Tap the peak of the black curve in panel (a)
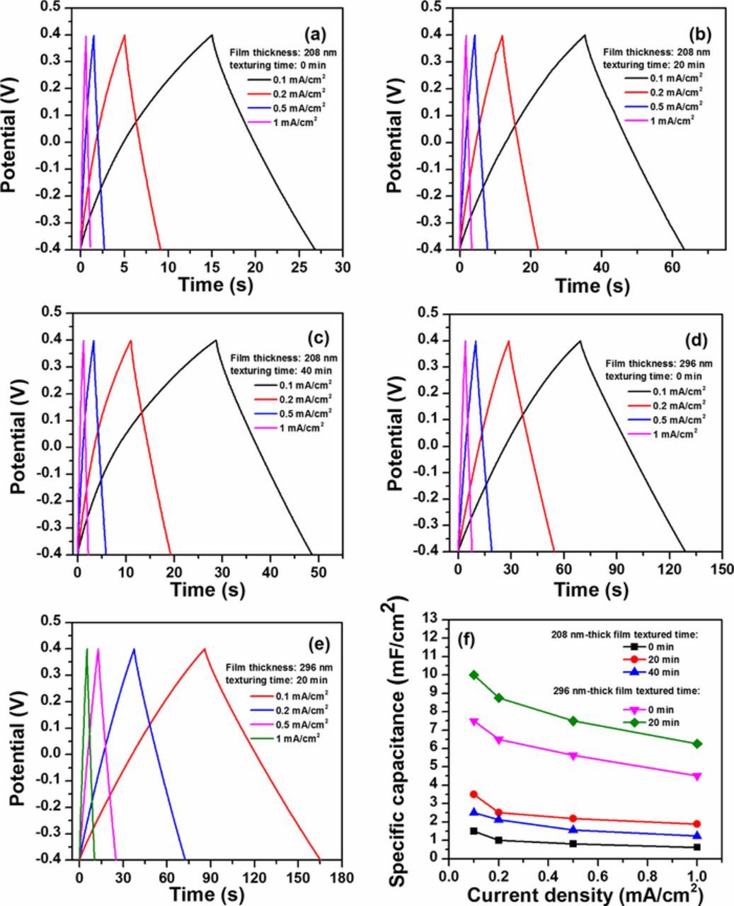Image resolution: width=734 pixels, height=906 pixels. click(x=212, y=35)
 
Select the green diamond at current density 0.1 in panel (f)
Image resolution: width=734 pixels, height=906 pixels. click(x=474, y=675)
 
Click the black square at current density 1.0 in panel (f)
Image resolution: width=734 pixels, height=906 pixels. click(x=697, y=847)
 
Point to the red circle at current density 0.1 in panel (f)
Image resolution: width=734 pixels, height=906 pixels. click(x=474, y=795)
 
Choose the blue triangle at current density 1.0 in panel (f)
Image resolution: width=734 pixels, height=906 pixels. click(x=697, y=836)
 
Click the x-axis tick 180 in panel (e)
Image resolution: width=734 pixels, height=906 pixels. click(x=342, y=876)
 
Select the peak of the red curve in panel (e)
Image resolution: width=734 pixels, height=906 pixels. click(x=205, y=648)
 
